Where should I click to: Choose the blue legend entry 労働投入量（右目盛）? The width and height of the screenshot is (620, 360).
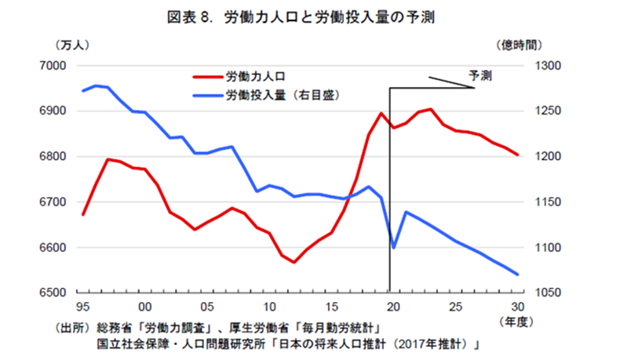pyautogui.click(x=286, y=95)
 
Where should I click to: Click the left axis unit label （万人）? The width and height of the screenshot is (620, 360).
pyautogui.click(x=74, y=45)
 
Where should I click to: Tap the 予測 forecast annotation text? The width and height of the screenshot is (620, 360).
pyautogui.click(x=480, y=76)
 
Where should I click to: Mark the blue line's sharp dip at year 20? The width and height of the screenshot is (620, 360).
pyautogui.click(x=394, y=247)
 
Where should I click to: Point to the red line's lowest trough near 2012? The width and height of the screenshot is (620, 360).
pyautogui.click(x=294, y=262)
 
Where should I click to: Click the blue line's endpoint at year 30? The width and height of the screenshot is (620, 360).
pyautogui.click(x=518, y=275)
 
